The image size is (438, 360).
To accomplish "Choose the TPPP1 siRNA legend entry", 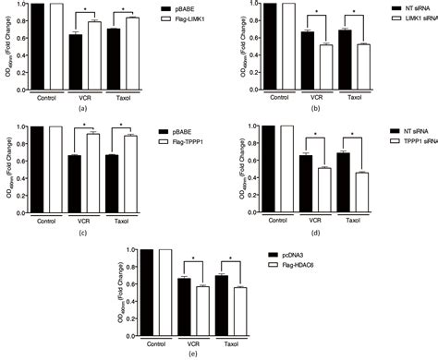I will pyautogui.click(x=413, y=143).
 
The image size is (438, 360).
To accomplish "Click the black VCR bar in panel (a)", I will pyautogui.click(x=75, y=62).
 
